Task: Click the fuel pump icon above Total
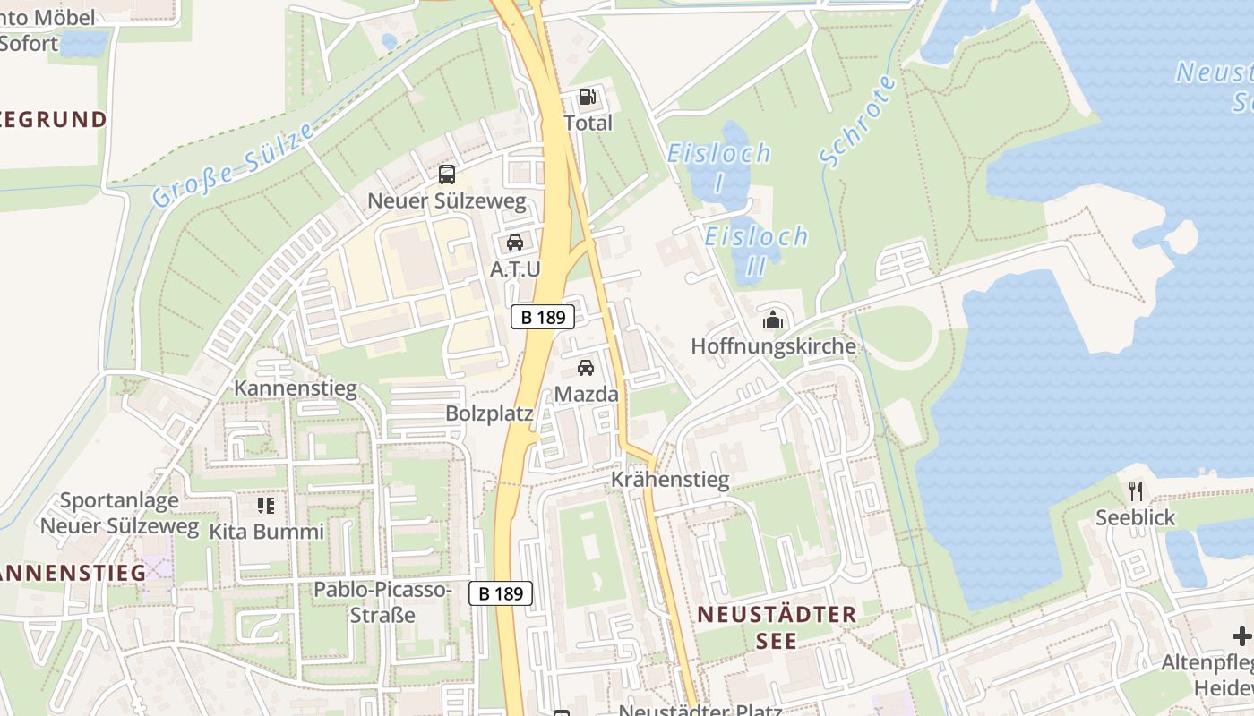point(588,97)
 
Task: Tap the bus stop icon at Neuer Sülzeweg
point(447,175)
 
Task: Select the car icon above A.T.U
point(515,242)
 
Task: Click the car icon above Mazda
point(586,367)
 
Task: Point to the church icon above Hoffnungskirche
point(773,319)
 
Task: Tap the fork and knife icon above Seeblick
point(1136,490)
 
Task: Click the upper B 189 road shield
point(543,317)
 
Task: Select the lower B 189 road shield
point(501,592)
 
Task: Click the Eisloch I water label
point(718,166)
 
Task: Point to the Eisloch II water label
point(756,251)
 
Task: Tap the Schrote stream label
point(858,121)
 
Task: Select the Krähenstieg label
point(670,480)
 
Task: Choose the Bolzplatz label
point(489,413)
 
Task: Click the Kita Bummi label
point(266,532)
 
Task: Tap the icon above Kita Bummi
point(266,506)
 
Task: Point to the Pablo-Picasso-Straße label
point(382,602)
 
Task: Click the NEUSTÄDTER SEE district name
point(777,627)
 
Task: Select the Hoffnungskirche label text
point(773,346)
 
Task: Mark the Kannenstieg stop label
point(296,388)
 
